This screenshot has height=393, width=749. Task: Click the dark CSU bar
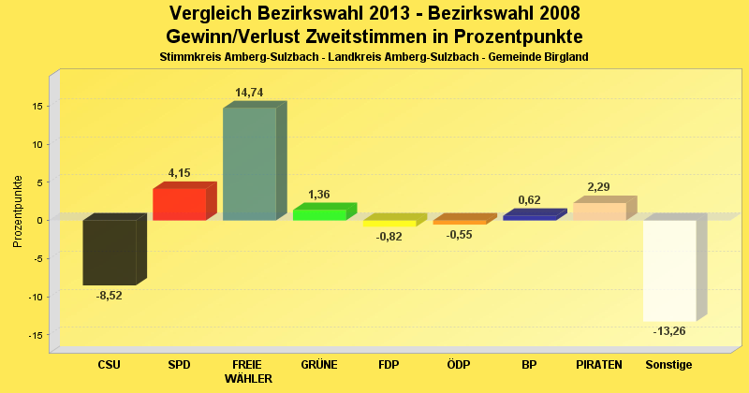click(x=110, y=252)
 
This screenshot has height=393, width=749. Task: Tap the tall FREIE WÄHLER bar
click(x=249, y=164)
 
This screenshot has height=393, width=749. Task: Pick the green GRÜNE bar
click(x=319, y=214)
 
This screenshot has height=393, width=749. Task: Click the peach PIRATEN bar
click(x=599, y=211)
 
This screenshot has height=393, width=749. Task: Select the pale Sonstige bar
click(x=668, y=270)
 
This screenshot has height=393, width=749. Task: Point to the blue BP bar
click(x=529, y=216)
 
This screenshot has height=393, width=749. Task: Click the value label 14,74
click(x=250, y=92)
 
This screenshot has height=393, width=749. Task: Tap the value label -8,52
click(x=110, y=296)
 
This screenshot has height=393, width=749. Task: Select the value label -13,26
click(x=668, y=331)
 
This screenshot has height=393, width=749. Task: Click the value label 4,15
click(x=180, y=172)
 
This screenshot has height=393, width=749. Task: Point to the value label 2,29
click(x=599, y=186)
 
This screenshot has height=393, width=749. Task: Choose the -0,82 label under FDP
click(x=389, y=236)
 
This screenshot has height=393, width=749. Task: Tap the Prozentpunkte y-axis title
click(x=18, y=211)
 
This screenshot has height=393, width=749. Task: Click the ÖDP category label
click(x=459, y=365)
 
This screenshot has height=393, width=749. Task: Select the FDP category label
click(x=389, y=365)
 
